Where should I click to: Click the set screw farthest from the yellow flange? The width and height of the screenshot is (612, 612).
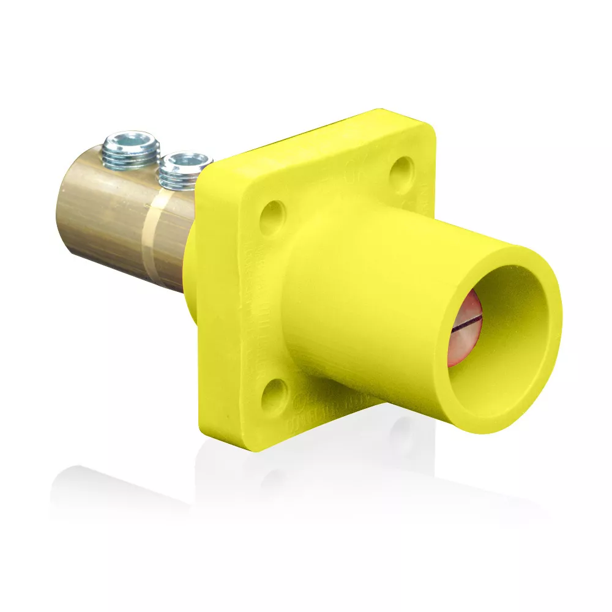pyautogui.click(x=131, y=149)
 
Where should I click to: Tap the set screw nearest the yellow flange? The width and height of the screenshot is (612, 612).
pyautogui.click(x=184, y=170)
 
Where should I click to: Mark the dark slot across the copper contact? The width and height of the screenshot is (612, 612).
pyautogui.click(x=466, y=327)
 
